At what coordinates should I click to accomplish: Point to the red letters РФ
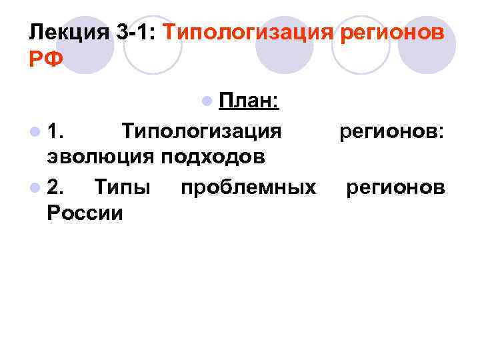tap(46, 59)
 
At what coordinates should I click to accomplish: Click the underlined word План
tap(249, 101)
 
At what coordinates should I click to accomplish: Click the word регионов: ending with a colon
tap(391, 131)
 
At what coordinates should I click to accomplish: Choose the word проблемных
tap(248, 187)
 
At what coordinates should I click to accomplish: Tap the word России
tap(85, 213)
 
